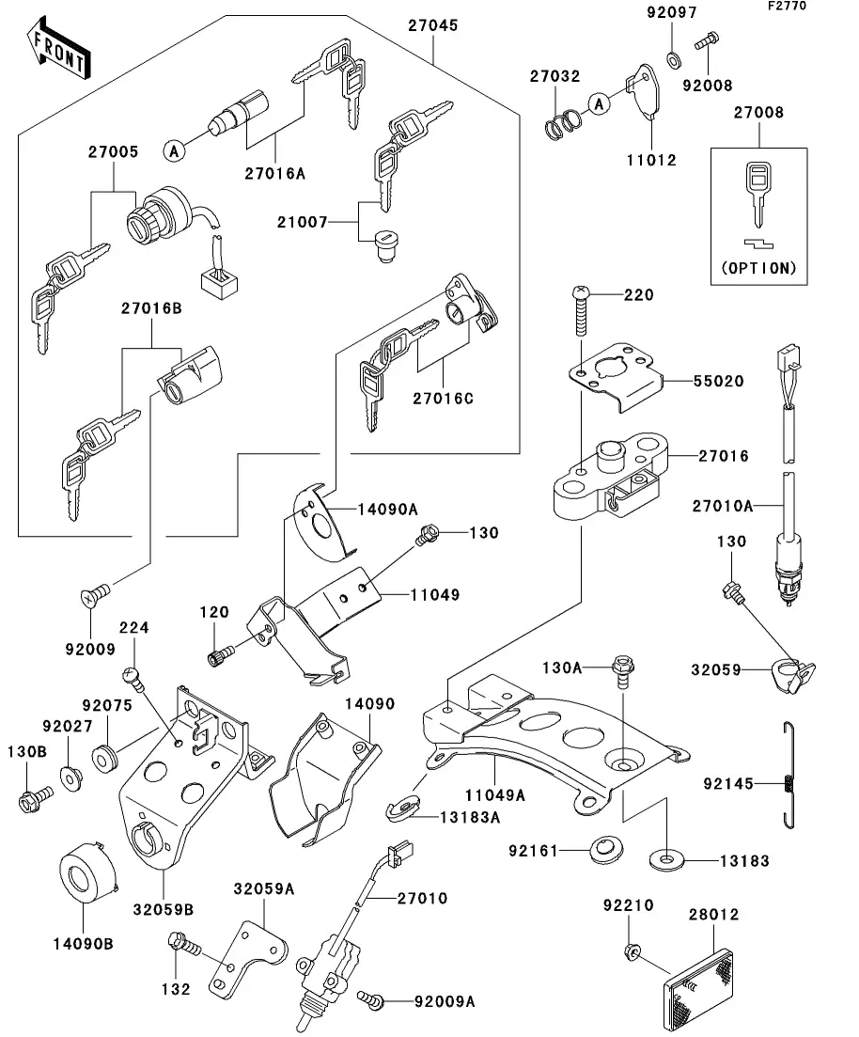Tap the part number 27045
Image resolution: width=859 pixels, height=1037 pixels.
pos(432,26)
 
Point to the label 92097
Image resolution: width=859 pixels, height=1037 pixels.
pos(673,13)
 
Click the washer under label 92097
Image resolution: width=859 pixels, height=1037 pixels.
pos(674,60)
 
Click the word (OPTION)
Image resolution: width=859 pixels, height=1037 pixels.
pos(758,268)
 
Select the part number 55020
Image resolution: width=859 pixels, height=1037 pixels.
pos(718,382)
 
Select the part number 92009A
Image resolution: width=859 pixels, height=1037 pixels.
pos(445,1002)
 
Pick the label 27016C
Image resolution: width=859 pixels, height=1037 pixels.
pos(443,399)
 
